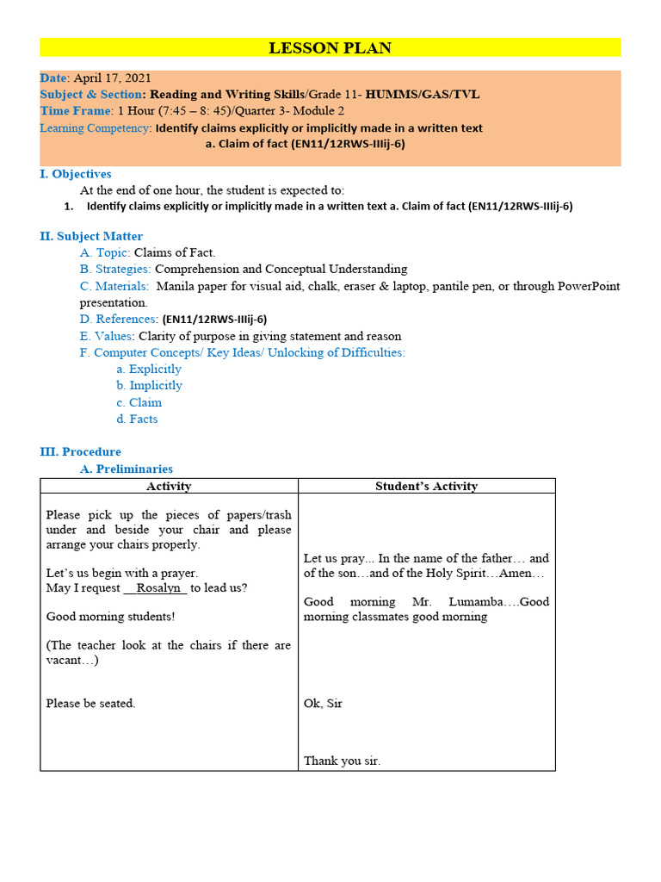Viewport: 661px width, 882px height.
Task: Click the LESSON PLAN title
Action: (330, 48)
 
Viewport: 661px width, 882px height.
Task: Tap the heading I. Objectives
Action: (76, 174)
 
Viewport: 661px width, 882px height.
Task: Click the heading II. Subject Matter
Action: (91, 236)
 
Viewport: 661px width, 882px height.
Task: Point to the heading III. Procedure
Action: (80, 451)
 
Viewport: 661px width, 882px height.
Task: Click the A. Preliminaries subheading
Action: (126, 469)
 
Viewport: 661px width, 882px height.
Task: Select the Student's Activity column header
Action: (426, 486)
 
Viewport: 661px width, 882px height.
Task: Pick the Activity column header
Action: (169, 486)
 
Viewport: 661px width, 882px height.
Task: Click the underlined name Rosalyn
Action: (155, 587)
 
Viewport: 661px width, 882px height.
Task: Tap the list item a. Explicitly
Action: (149, 369)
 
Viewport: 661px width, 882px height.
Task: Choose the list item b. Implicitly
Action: (149, 385)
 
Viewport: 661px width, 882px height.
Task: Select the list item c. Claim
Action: (139, 402)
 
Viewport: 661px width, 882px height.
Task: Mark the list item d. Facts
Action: (137, 419)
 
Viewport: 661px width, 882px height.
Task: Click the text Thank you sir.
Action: (342, 761)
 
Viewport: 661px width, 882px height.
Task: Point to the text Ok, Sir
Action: (323, 703)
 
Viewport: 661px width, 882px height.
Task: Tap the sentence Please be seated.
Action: (90, 703)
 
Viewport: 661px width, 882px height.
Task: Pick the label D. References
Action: (119, 319)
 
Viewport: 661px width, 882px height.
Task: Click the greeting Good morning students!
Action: (110, 616)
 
